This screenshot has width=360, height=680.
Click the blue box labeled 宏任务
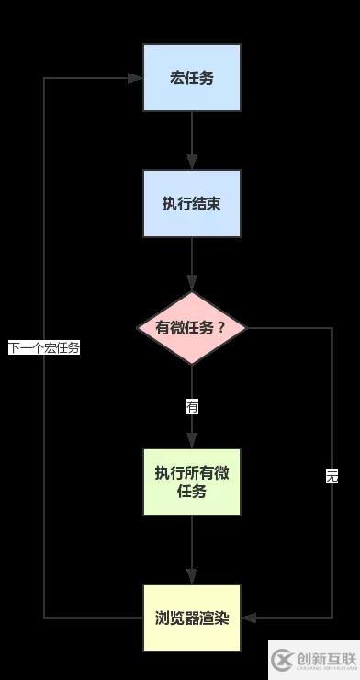coord(192,78)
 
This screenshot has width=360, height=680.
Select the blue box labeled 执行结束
coord(192,203)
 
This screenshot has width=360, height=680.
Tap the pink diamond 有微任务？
coord(192,328)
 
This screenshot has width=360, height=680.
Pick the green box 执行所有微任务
coord(192,482)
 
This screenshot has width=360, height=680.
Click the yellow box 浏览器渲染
coord(192,618)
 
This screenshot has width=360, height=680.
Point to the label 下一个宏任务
coord(44,348)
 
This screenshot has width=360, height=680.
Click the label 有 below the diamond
coord(192,406)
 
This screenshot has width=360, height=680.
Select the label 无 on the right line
coord(332,476)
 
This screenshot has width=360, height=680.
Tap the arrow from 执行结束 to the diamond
coord(192,265)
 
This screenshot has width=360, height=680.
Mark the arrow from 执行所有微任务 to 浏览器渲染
coord(192,550)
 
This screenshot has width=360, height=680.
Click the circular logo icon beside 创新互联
coord(282,659)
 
